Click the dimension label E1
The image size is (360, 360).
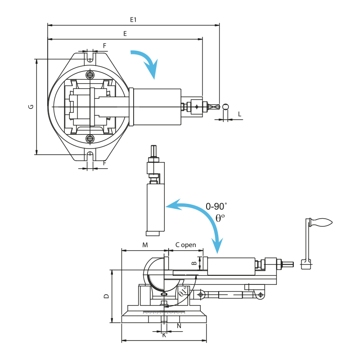133,20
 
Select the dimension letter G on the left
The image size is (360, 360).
31,107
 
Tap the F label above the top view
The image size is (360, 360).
104,46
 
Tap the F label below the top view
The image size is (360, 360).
104,163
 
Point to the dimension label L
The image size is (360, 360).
239,114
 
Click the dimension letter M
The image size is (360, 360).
145,245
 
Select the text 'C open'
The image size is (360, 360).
185,245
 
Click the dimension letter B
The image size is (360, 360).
194,263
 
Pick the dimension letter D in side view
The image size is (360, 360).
106,296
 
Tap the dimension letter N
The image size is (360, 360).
179,325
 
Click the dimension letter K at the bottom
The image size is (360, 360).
164,335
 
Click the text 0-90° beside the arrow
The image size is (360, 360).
216,207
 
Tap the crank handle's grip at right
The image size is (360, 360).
322,222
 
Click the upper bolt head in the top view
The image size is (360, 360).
90,75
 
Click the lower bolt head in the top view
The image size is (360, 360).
90,139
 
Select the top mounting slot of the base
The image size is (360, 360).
90,58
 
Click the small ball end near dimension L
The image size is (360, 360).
225,107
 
